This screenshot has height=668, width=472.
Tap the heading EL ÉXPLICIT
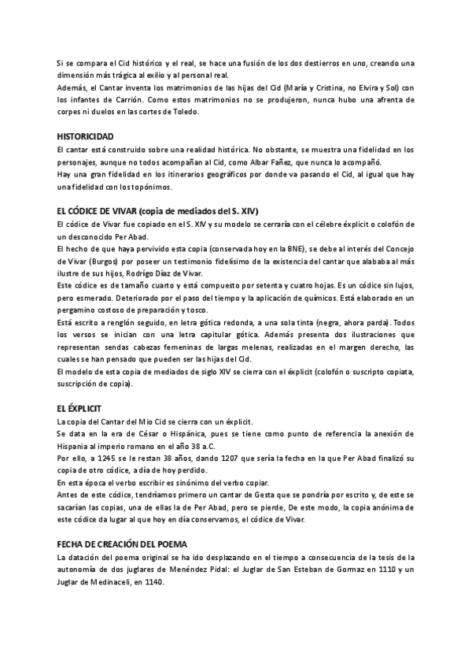click(x=81, y=409)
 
